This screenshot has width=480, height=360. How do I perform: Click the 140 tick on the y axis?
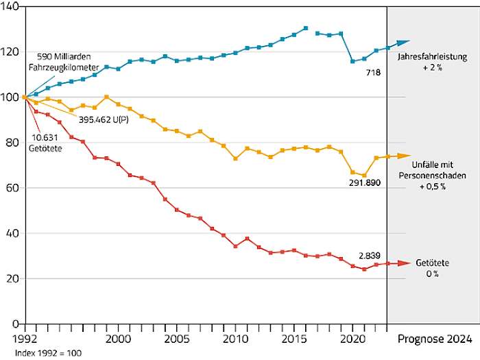[12, 6]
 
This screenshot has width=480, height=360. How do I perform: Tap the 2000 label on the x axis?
[118, 339]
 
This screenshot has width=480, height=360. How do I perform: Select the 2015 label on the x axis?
[294, 339]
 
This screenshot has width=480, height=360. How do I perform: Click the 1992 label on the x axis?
[16, 339]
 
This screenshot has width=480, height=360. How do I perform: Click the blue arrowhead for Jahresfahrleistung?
[404, 43]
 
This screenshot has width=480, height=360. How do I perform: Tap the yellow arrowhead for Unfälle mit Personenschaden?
[404, 156]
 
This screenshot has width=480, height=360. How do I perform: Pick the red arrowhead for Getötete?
[404, 263]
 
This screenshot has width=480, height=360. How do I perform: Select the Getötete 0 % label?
[431, 269]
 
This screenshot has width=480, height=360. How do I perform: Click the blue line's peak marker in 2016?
[306, 29]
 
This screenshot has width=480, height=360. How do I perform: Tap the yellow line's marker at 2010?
[236, 158]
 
